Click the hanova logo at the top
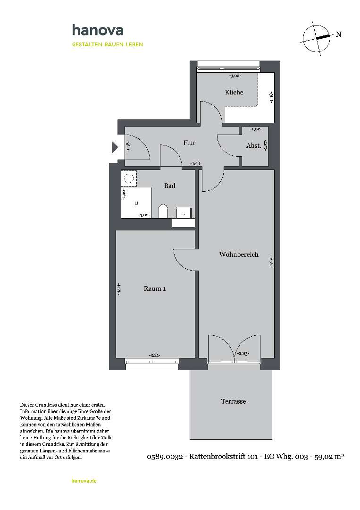click(x=97, y=30)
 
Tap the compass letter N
click(x=338, y=34)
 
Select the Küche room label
click(x=234, y=93)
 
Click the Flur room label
click(x=189, y=143)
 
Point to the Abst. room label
click(x=253, y=146)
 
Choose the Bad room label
click(x=170, y=186)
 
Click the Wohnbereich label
click(x=239, y=255)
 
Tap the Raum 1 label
click(x=154, y=289)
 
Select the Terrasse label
click(x=234, y=401)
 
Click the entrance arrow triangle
click(x=114, y=147)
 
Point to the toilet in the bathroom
click(x=163, y=212)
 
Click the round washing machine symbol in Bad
click(x=128, y=178)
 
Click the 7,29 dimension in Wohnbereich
click(x=271, y=261)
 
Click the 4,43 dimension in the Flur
click(x=196, y=163)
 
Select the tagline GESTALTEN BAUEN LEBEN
click(x=107, y=44)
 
